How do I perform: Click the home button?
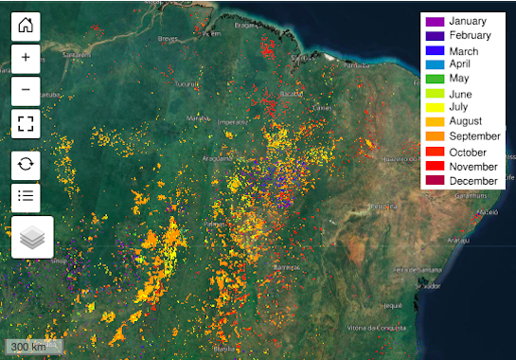point(25,26)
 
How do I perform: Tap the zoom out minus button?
point(25,90)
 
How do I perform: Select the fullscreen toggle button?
point(25,123)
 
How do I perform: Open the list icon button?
point(25,196)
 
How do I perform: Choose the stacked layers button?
point(32,237)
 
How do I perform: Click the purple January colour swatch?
point(435,21)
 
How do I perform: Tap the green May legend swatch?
point(435,80)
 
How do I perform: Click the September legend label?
point(474,137)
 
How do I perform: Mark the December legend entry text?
point(473,181)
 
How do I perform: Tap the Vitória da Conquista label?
point(376,327)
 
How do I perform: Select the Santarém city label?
point(80,54)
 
